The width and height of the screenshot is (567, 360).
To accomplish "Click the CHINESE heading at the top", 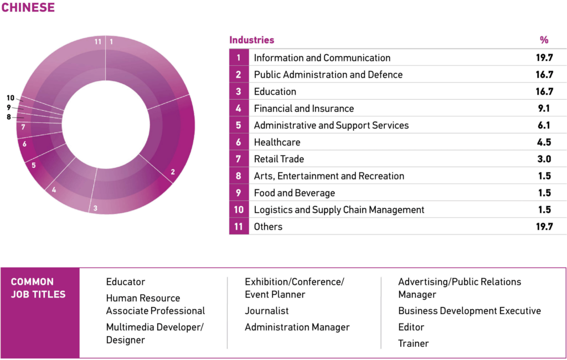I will click(28, 8).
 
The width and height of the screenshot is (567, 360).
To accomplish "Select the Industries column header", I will click(251, 40).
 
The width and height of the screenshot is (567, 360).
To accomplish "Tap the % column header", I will click(544, 40).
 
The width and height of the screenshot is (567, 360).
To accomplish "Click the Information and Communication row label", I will click(322, 58).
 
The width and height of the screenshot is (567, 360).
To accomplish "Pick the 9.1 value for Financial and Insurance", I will click(544, 109).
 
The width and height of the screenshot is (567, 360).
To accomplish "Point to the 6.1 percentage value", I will click(544, 125).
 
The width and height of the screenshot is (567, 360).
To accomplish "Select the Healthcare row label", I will click(277, 142).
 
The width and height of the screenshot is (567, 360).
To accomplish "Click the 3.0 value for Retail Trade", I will click(544, 159).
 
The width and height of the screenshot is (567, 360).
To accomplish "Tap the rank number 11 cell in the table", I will click(239, 227).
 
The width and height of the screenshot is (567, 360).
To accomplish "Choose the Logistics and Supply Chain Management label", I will click(339, 210).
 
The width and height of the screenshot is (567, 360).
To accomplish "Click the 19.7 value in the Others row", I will click(544, 227).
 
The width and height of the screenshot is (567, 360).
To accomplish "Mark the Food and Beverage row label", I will click(294, 193).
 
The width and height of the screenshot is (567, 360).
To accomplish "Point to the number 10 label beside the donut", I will click(11, 98).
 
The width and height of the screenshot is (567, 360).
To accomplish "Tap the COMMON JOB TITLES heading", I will click(38, 288).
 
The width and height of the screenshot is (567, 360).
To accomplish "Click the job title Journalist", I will click(267, 311).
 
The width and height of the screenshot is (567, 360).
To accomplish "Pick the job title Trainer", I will click(413, 343).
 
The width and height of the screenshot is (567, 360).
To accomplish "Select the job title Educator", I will click(126, 282).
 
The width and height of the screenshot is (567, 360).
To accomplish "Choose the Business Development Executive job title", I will click(470, 311).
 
